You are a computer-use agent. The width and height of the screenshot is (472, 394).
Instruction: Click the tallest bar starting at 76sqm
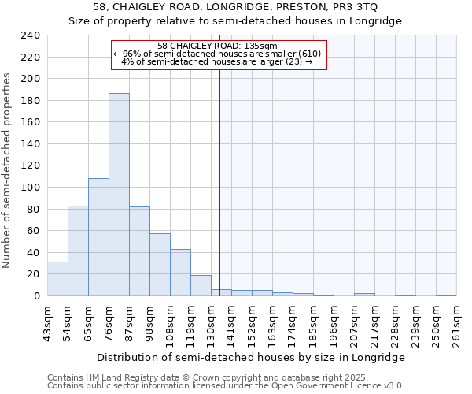pos(119,195)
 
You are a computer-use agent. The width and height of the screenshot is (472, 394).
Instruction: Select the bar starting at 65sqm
pos(98,237)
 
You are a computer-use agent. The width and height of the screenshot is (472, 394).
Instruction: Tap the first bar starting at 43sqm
pos(57,279)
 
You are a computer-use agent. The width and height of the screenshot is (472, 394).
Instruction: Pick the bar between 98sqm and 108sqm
pos(160,265)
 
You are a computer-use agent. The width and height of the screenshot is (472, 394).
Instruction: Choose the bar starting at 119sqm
pos(201,285)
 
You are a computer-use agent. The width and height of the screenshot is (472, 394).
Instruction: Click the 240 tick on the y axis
pos(31,35)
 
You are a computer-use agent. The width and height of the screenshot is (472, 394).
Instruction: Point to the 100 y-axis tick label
pos(31,188)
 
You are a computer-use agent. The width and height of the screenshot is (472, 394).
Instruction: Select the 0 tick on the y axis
pos(36,295)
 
